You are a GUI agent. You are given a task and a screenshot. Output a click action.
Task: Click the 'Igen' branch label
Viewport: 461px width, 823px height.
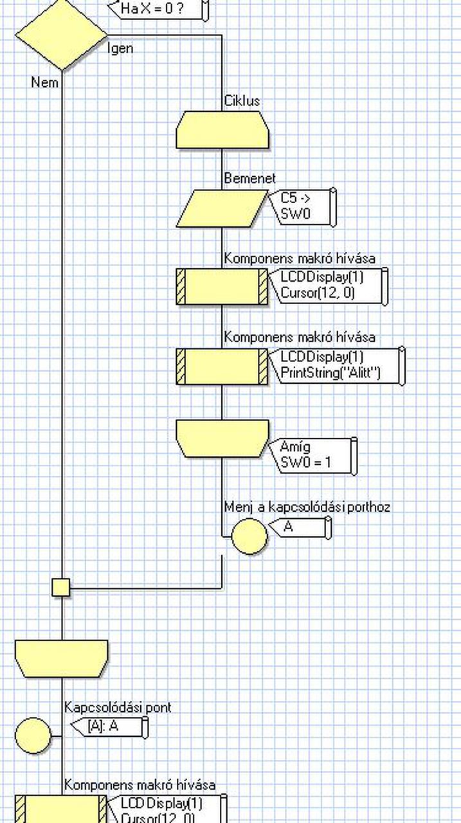120,48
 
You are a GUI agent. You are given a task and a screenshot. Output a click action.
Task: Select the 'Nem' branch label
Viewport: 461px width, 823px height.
44,82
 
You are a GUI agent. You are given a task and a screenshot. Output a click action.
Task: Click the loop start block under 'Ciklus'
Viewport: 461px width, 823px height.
222,130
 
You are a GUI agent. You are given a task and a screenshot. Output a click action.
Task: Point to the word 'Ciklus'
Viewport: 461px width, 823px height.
242,101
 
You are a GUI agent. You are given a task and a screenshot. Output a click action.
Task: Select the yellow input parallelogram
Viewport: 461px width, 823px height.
222,208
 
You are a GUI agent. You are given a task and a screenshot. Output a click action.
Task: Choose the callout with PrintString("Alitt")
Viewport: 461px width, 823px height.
338,366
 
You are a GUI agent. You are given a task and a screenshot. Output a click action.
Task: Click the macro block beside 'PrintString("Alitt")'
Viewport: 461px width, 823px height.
222,366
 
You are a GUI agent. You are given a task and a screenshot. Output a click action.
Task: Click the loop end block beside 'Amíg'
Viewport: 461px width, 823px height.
222,439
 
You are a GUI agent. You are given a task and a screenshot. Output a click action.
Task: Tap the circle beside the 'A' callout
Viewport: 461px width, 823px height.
249,536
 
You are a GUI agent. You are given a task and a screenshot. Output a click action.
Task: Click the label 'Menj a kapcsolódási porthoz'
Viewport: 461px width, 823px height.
307,507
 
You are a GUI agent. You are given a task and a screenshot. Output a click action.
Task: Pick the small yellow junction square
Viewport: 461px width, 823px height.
61,587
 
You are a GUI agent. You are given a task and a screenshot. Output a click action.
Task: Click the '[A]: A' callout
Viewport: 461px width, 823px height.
109,727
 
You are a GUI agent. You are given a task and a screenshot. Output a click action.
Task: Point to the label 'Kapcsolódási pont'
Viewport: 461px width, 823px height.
118,707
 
